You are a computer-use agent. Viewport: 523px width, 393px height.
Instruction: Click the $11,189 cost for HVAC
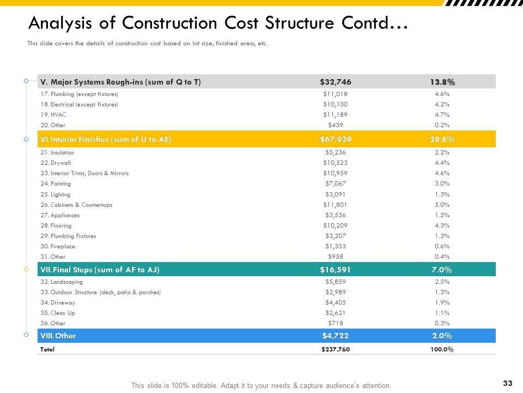(335, 115)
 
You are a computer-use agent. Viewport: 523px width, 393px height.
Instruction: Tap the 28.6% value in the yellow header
(442, 139)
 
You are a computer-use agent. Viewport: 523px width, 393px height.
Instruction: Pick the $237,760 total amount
(336, 349)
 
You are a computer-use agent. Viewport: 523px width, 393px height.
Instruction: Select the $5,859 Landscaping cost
(335, 282)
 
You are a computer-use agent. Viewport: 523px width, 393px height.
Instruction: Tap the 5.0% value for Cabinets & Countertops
(442, 205)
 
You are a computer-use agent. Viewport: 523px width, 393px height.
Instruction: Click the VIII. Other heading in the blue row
(58, 336)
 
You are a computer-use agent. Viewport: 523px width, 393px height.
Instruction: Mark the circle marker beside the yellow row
(26, 140)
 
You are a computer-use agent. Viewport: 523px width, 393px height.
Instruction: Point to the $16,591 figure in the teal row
(335, 270)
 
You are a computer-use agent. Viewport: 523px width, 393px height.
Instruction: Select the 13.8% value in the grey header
(442, 82)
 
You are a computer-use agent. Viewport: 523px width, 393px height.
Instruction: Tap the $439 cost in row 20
(335, 125)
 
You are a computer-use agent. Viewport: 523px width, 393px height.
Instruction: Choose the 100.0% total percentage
(442, 349)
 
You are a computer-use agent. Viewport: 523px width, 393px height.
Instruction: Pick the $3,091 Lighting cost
(335, 194)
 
